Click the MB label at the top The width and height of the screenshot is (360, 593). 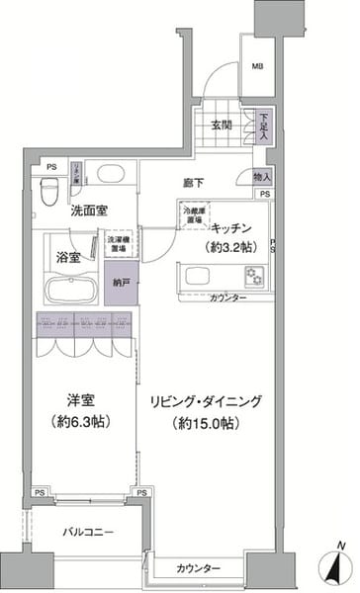pos(256,67)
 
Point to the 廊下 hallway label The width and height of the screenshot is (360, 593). pos(194,183)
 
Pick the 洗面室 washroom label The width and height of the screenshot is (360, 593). pos(89,211)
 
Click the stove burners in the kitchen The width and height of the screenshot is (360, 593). pos(259,274)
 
